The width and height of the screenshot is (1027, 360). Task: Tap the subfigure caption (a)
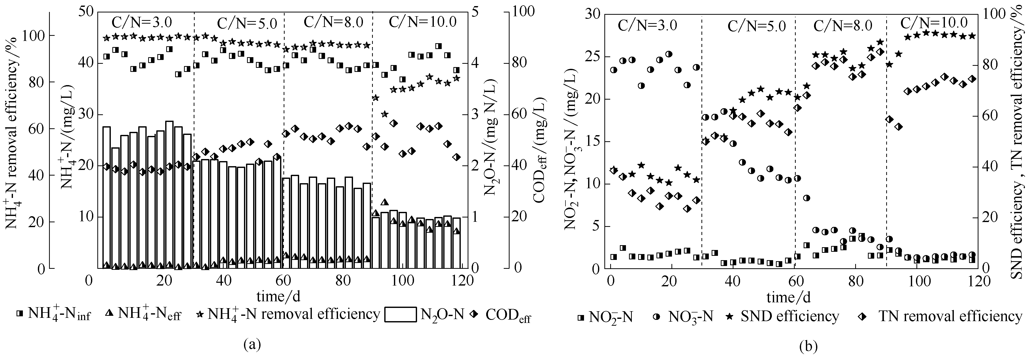point(252,344)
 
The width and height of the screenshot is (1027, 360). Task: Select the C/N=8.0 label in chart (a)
point(333,21)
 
